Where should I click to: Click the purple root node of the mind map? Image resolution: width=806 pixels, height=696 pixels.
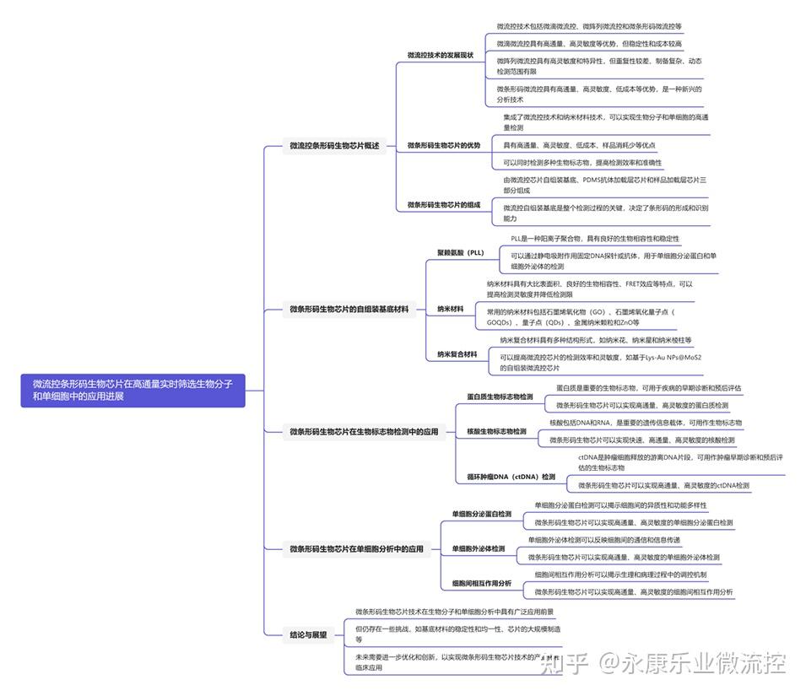click(x=133, y=390)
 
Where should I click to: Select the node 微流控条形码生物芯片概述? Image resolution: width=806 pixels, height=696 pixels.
click(x=334, y=146)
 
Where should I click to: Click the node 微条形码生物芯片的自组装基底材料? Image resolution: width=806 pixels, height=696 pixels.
click(x=348, y=310)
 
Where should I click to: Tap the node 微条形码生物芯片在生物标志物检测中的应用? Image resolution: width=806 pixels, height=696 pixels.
click(x=364, y=432)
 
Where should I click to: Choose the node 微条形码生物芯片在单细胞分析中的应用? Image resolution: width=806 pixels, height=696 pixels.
click(x=356, y=549)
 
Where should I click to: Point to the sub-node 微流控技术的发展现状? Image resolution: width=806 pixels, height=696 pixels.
click(x=440, y=56)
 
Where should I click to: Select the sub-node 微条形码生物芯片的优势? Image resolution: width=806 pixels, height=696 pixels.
click(x=443, y=145)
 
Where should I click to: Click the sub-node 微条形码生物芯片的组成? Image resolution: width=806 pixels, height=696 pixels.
click(x=443, y=204)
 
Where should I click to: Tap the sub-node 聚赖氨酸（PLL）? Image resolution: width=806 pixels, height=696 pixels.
click(x=460, y=253)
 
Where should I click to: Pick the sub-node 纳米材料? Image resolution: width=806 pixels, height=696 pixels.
click(x=450, y=310)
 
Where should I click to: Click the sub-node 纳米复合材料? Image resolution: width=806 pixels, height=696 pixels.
click(x=457, y=354)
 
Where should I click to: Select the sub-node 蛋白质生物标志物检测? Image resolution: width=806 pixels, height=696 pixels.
click(x=500, y=397)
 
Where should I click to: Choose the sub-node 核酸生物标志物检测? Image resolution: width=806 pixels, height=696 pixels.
click(x=496, y=432)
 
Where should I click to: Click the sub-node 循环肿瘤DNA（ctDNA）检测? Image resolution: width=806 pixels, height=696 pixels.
click(x=511, y=477)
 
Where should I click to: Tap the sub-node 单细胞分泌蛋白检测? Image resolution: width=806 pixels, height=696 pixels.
click(x=481, y=514)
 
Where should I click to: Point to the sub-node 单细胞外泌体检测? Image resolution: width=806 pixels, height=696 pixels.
click(x=478, y=549)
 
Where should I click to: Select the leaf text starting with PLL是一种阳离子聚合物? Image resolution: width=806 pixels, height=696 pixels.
click(x=594, y=239)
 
